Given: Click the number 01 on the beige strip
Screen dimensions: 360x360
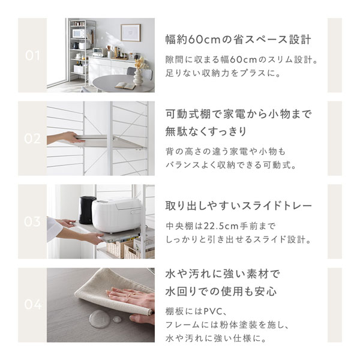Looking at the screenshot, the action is (x=32, y=55).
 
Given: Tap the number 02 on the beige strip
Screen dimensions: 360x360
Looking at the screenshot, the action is (x=32, y=139).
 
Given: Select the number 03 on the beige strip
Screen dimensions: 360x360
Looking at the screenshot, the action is (x=32, y=221).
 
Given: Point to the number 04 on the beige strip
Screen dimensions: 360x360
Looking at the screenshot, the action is (x=33, y=304).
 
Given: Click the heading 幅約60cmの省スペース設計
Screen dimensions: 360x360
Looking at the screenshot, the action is (x=238, y=40).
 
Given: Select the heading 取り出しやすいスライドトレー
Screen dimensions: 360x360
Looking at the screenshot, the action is (x=239, y=206).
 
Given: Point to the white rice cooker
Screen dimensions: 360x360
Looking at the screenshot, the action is (x=116, y=215).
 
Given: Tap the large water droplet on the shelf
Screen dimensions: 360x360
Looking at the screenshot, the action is (x=100, y=319).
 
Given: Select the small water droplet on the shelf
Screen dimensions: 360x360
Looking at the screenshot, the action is (x=117, y=319).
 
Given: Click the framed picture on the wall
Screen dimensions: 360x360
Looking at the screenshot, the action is (x=131, y=33).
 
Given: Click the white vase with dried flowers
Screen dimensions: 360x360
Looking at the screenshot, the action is (x=139, y=74).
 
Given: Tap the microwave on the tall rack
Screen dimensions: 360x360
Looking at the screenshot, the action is (x=78, y=34).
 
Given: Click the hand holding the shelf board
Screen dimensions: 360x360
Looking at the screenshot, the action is (x=64, y=138).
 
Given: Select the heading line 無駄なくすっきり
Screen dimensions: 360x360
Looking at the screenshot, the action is (x=206, y=131).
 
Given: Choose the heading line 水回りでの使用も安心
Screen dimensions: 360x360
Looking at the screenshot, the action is (x=221, y=292).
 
